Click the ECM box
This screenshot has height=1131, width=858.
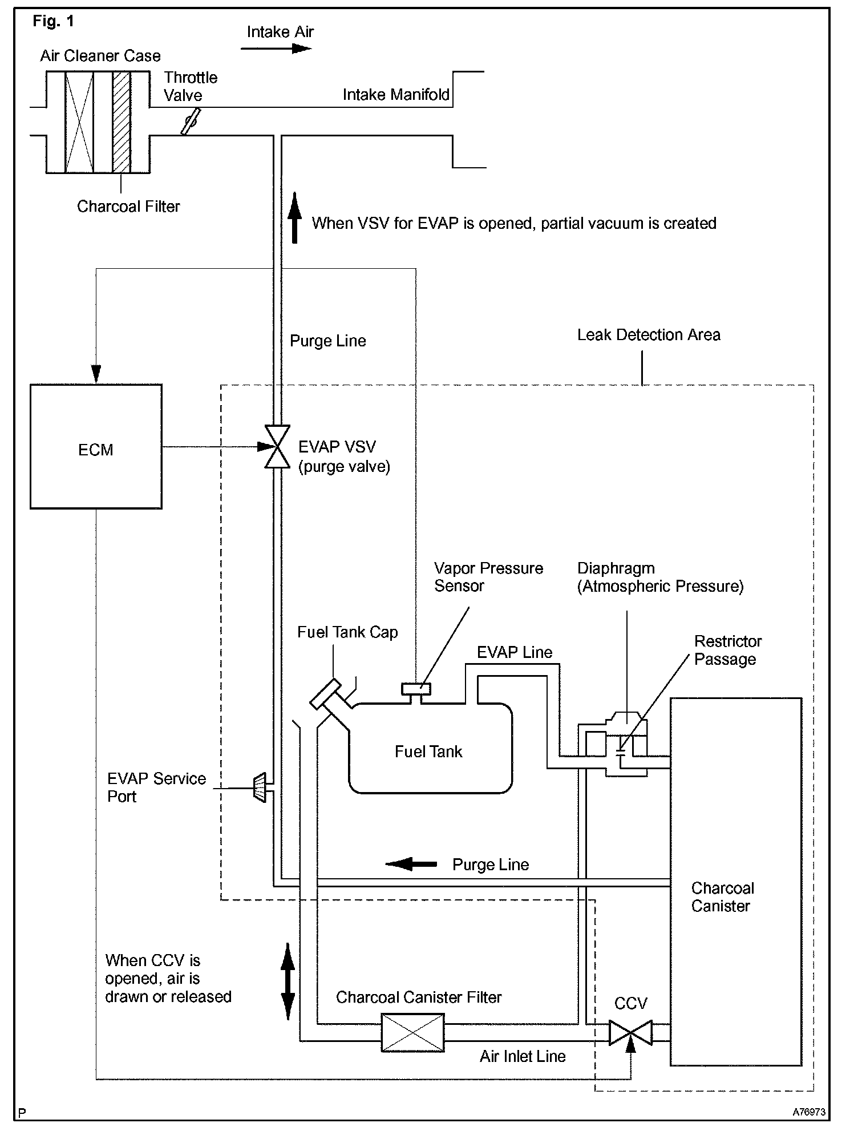coord(96,446)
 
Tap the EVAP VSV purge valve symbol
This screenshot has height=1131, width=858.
coord(277,446)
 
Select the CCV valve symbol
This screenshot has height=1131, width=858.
coord(630,1033)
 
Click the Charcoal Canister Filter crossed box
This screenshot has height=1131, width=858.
coord(412,1032)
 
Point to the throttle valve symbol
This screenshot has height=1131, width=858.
coord(191,122)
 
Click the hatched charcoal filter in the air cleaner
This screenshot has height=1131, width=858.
coord(122,122)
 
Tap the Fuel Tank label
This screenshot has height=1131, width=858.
coord(428,752)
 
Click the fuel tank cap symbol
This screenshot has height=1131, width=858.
coord(326,693)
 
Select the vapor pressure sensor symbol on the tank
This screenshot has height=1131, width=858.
coord(416,689)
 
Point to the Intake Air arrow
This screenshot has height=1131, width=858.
coord(276,49)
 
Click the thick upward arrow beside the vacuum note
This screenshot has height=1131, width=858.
coord(294,218)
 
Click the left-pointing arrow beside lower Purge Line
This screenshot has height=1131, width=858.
coord(411,864)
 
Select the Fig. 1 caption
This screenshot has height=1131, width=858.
coord(53,22)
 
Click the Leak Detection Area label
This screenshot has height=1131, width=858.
coord(649,335)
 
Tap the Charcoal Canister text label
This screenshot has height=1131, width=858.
coord(722,897)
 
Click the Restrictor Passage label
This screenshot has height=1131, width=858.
coord(727,650)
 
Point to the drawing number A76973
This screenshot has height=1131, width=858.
coord(809,1112)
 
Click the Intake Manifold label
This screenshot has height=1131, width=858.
coord(396,95)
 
